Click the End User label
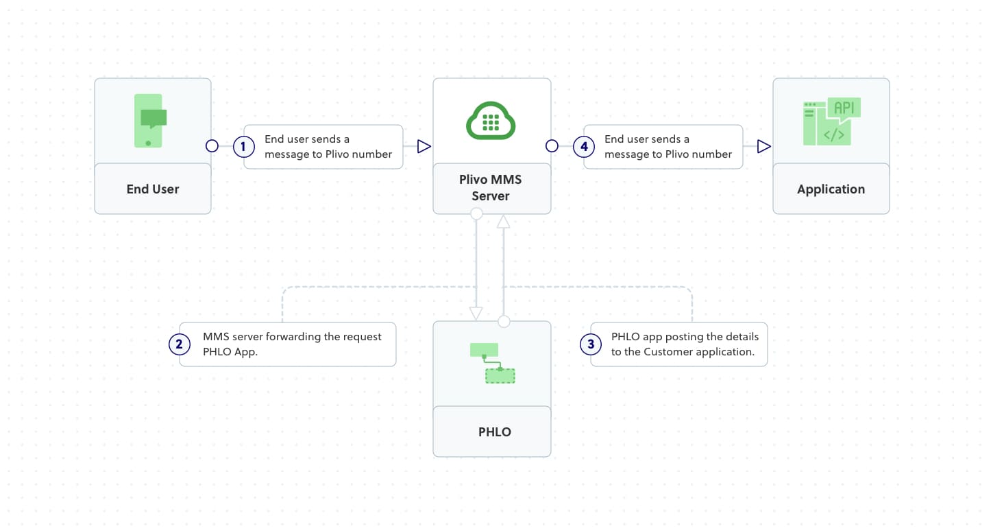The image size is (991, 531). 152,189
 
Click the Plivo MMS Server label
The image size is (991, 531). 491,188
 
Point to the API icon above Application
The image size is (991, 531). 831,121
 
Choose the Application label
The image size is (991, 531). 831,189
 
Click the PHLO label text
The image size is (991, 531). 494,432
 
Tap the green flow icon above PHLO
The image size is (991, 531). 492,362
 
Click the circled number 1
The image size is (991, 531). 243,146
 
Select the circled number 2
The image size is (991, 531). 180,344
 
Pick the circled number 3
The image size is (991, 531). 591,344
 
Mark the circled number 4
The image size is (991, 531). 583,146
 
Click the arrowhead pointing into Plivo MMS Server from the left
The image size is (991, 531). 424,146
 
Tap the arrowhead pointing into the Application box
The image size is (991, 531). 763,146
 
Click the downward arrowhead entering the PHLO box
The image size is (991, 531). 476,313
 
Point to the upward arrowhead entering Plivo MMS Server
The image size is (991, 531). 504,221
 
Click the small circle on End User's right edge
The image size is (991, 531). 212,146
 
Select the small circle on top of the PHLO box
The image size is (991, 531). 504,321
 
